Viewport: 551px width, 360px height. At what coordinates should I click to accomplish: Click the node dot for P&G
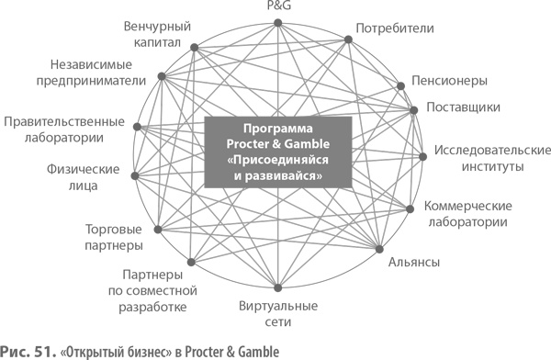278,23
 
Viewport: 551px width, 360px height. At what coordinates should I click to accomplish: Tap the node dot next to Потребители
348,39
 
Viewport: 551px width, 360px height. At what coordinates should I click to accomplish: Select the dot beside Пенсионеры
401,85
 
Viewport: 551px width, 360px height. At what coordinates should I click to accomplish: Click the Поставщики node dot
414,110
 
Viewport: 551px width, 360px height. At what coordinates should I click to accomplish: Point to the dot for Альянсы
379,249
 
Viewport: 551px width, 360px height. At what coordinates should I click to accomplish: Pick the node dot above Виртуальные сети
278,288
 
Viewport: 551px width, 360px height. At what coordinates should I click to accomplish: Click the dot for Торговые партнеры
158,230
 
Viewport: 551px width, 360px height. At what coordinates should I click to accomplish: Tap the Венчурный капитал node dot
195,48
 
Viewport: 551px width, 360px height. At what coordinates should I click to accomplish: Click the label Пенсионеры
449,81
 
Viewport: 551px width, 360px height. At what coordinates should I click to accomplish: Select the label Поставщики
463,107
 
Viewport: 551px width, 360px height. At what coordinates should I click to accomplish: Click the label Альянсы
414,262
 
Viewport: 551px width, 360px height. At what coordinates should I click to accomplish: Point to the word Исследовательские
492,150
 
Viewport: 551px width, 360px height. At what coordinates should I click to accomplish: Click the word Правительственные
64,121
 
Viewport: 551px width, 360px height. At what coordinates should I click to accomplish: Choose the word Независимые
91,64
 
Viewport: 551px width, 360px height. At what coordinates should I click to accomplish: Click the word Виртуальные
278,306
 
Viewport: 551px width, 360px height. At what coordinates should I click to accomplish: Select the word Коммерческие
468,206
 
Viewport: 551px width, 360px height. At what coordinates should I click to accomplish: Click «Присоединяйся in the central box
278,160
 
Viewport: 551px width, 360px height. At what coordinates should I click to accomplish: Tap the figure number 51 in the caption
46,352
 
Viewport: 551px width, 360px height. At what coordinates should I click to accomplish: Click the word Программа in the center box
278,129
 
